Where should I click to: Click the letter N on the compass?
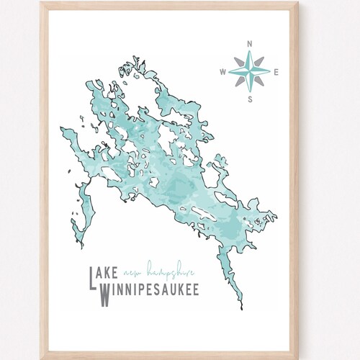pyautogui.click(x=249, y=44)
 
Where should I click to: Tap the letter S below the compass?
pyautogui.click(x=249, y=99)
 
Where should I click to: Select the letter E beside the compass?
pyautogui.click(x=277, y=71)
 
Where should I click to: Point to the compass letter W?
pyautogui.click(x=222, y=71)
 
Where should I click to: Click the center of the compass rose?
pyautogui.click(x=249, y=71)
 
